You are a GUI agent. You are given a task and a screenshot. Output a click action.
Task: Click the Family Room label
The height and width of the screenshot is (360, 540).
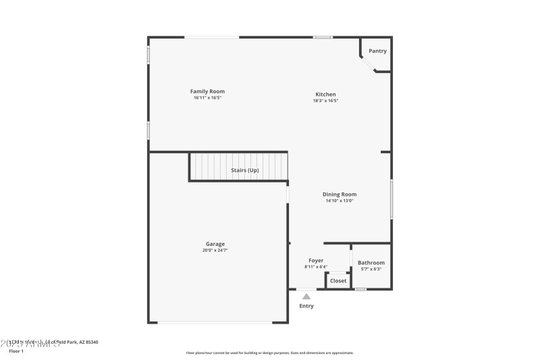point(207,91)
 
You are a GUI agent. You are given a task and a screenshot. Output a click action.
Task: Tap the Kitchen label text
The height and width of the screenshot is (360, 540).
point(325,95)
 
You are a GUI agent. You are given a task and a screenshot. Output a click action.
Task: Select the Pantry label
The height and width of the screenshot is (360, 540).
point(378,51)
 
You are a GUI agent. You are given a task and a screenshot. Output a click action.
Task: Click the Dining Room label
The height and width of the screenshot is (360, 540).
point(340,195)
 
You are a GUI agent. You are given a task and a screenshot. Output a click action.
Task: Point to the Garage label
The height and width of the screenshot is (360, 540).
point(215,245)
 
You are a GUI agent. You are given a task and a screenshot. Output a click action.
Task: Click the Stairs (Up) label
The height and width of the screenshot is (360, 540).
point(244,170)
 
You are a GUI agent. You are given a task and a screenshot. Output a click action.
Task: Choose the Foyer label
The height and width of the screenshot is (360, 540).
point(316,261)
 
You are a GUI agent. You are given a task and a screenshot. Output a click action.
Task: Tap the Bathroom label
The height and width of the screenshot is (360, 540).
point(371,263)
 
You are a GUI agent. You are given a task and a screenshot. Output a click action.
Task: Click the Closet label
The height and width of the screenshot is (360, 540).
point(338,281)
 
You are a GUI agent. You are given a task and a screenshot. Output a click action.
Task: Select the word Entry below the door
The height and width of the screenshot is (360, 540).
point(306,306)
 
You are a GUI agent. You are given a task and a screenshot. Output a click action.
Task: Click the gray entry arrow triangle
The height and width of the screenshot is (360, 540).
point(306,296)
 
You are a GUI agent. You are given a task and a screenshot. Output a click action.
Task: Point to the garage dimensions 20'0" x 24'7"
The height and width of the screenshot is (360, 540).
point(215,251)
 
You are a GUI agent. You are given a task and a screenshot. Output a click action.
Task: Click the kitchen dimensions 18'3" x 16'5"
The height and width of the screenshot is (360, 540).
point(325,101)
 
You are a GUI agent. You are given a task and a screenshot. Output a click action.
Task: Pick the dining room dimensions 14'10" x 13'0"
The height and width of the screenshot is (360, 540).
point(340,201)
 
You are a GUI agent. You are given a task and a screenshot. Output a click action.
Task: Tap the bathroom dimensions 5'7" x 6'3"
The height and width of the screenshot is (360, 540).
point(371,269)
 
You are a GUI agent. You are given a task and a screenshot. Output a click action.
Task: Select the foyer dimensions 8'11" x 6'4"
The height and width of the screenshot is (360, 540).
point(316,267)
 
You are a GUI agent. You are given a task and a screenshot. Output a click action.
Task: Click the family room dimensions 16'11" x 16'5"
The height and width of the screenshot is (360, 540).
point(207,98)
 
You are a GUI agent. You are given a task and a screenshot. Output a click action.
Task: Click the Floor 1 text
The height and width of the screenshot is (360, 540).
point(16,351)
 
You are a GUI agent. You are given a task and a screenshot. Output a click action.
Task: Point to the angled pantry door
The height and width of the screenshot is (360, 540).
point(369,64)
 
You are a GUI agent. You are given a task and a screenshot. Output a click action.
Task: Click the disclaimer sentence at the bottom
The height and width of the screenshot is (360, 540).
point(269,353)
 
